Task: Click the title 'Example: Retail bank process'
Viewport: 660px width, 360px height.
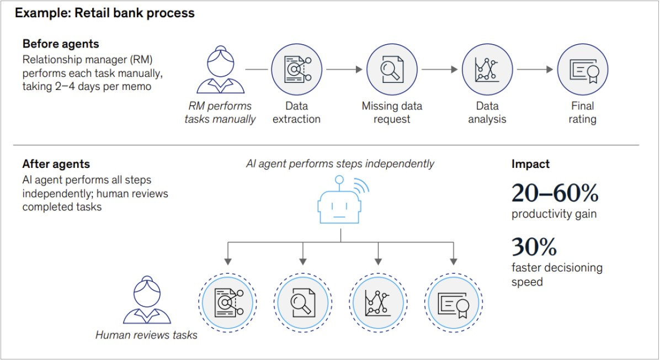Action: click(x=104, y=13)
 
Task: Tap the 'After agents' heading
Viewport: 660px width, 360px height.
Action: click(x=56, y=164)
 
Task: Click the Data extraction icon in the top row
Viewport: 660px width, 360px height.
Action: click(x=296, y=70)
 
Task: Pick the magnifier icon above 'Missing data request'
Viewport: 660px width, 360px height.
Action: click(x=392, y=70)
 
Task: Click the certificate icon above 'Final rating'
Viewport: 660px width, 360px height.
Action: click(x=583, y=70)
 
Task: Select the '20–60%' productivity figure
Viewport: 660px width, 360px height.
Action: click(x=555, y=193)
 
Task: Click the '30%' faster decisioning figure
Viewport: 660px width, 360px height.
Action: click(x=534, y=247)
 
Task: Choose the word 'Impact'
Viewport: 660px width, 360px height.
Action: click(x=530, y=164)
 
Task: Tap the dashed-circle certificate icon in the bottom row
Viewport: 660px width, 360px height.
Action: click(x=454, y=301)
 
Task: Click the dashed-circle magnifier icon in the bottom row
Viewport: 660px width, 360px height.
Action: click(x=302, y=301)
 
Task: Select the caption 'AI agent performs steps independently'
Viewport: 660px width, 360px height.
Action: click(x=340, y=163)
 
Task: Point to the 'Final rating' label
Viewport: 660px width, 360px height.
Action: click(x=582, y=112)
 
